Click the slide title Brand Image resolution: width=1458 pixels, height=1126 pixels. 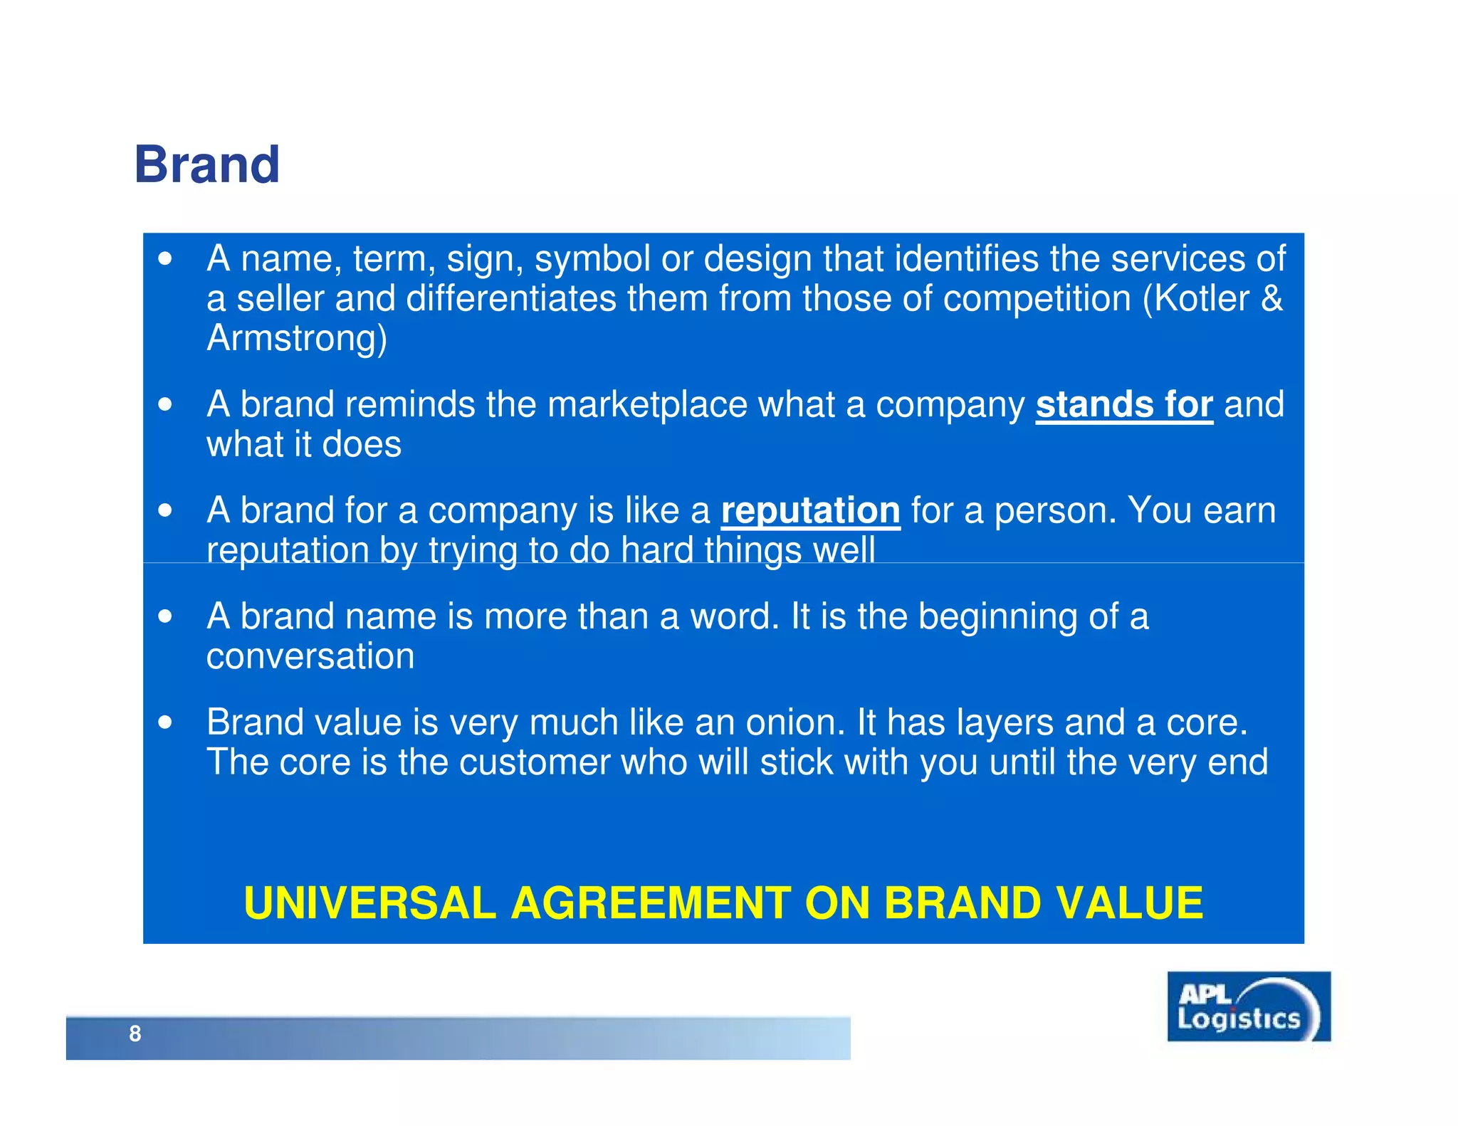(x=206, y=164)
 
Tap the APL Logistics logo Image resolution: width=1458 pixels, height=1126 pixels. (x=1248, y=1006)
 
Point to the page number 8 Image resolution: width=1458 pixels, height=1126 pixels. (x=135, y=1033)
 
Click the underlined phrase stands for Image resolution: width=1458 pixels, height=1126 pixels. (x=1123, y=405)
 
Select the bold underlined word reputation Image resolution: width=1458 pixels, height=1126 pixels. (x=810, y=511)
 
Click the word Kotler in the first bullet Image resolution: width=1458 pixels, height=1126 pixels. (x=1201, y=298)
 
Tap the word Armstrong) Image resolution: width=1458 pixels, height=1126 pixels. (x=297, y=338)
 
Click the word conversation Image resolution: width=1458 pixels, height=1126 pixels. (x=310, y=656)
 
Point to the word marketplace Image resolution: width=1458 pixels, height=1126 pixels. (x=647, y=405)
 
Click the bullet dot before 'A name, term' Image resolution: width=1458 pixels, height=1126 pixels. (x=165, y=259)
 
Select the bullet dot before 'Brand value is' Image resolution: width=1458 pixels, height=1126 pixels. (x=165, y=723)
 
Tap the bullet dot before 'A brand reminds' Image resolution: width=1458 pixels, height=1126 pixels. (x=165, y=405)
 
